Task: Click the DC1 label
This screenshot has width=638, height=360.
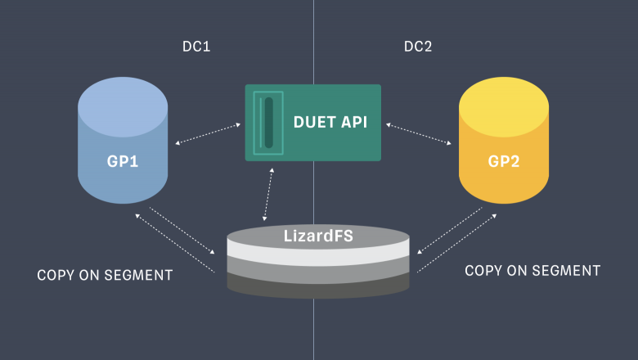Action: [x=196, y=47]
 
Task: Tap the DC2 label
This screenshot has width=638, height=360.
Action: [x=418, y=47]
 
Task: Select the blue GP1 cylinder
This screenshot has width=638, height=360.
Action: [x=123, y=140]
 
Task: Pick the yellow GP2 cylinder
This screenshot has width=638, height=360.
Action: [x=504, y=140]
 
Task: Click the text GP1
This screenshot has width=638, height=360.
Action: [x=123, y=161]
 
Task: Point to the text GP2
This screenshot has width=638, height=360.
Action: [x=504, y=161]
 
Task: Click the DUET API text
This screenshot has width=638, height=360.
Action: [x=330, y=122]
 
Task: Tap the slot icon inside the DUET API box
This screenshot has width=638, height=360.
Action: [x=268, y=123]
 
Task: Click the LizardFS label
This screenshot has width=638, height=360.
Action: [x=318, y=236]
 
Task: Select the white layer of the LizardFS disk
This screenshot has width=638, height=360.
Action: [x=318, y=253]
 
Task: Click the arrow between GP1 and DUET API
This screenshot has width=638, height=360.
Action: [x=208, y=134]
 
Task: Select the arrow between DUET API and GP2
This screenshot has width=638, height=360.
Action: [x=419, y=134]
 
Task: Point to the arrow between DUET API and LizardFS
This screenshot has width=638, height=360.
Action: [x=268, y=195]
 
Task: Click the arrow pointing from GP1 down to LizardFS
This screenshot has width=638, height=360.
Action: [x=182, y=231]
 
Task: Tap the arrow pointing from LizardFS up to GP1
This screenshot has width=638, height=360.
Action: [x=175, y=243]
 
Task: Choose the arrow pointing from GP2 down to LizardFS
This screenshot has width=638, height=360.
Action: [x=450, y=231]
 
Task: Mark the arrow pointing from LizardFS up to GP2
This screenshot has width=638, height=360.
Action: [x=457, y=243]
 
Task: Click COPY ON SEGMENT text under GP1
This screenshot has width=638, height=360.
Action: [x=105, y=276]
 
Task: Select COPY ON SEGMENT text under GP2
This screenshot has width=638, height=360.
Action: [x=532, y=271]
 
